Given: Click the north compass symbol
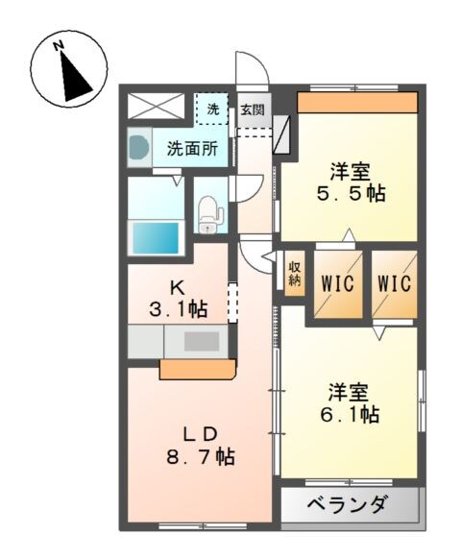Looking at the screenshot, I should point(66,72).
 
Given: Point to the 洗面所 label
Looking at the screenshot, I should point(192,149).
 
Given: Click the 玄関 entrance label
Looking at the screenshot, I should point(253,109).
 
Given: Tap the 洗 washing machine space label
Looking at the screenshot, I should point(213,109).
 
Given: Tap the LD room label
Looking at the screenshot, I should point(200,431).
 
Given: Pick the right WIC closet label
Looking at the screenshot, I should point(395,283).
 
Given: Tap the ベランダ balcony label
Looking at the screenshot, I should point(349,504).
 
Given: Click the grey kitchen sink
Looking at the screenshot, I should point(201,340).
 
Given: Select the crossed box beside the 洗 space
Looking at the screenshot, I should point(155,106).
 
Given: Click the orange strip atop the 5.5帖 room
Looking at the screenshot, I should point(357,102).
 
